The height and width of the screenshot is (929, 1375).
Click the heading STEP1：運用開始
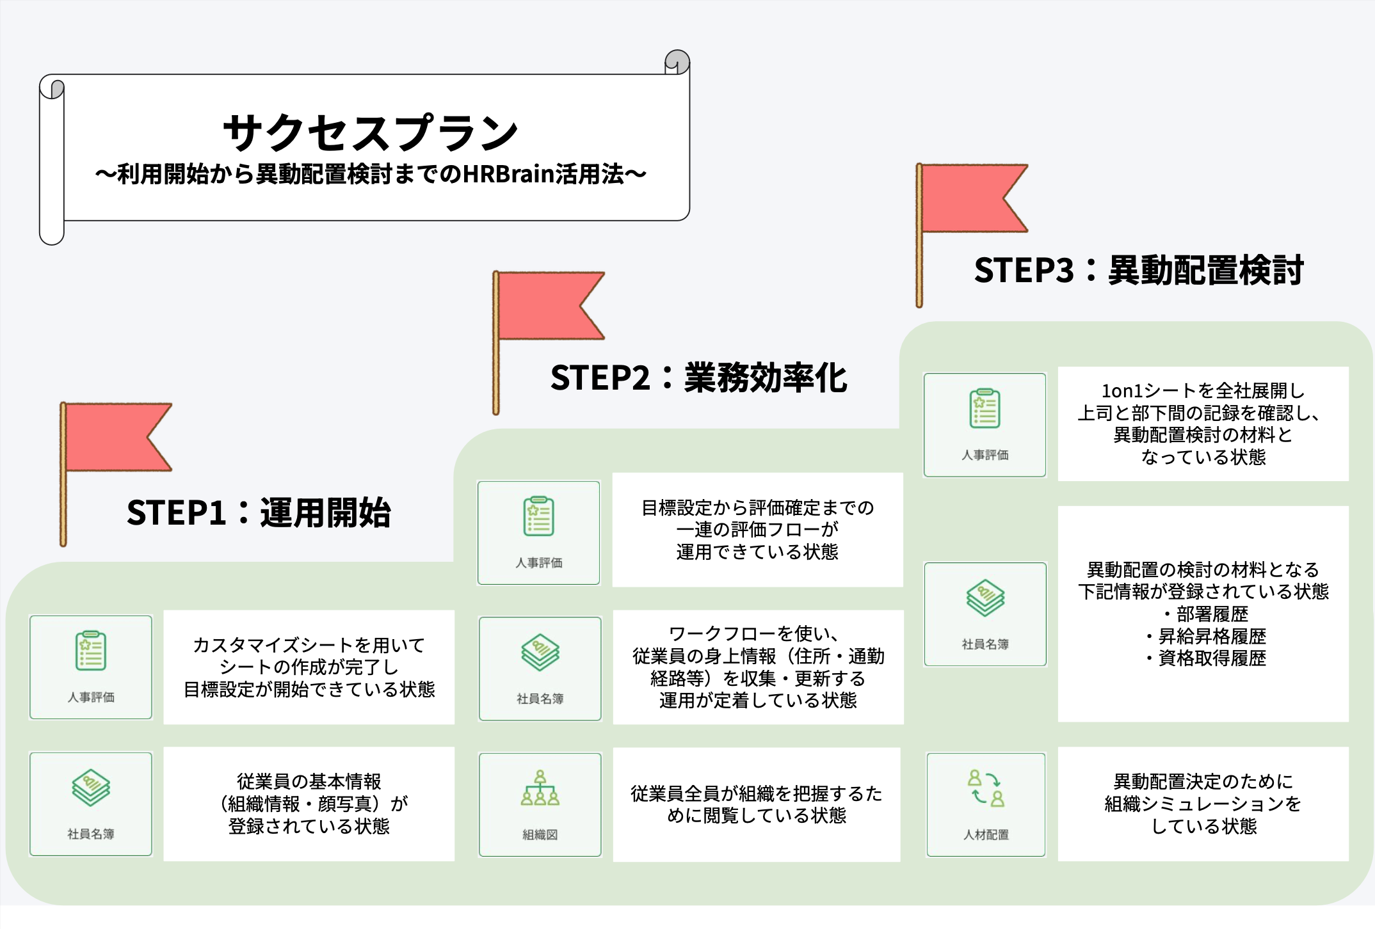259,512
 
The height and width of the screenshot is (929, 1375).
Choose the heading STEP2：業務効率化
698,377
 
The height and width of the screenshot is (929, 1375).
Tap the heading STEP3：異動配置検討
1138,270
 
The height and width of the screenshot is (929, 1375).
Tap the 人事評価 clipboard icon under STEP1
91,651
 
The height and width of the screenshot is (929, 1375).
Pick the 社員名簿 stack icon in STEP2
540,653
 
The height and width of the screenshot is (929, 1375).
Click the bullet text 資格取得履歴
1211,658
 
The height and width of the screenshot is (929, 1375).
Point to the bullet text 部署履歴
1211,614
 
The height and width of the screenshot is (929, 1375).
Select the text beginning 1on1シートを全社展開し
1203,391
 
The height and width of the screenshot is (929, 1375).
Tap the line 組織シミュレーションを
1203,804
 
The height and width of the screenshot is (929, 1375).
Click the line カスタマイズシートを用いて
309,645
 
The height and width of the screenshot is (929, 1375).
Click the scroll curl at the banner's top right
677,62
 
